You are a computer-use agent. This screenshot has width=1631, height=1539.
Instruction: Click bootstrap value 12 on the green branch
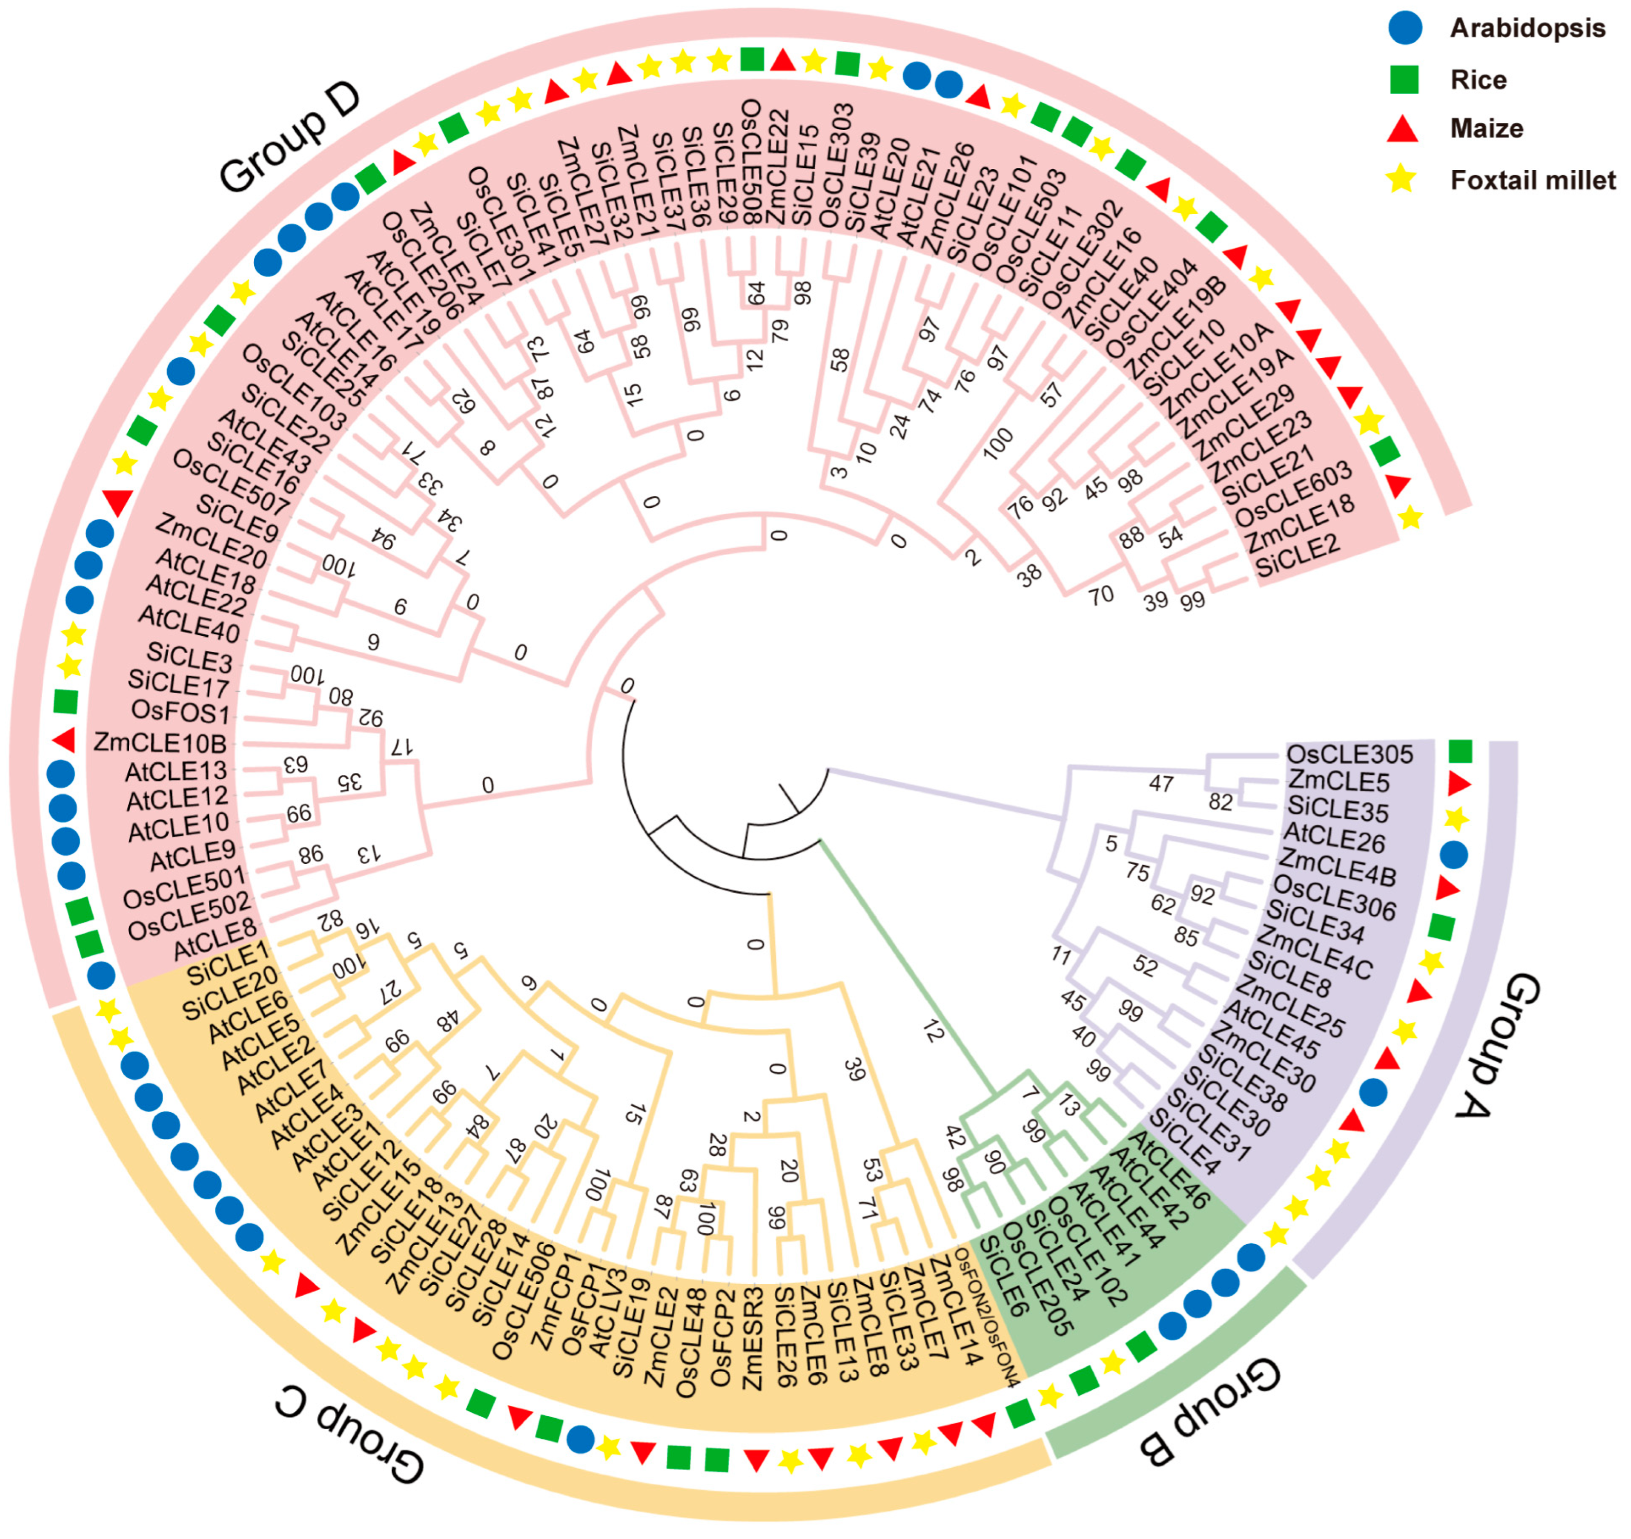tap(933, 1031)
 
